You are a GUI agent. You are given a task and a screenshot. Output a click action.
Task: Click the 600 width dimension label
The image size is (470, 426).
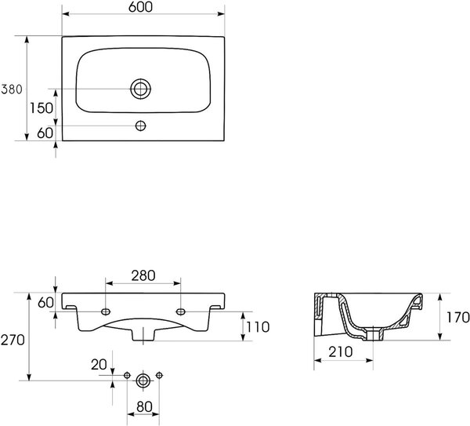(x=140, y=7)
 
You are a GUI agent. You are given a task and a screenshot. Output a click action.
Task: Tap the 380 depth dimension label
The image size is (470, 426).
(x=12, y=89)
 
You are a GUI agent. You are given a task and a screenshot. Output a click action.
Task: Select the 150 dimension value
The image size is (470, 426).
(x=42, y=108)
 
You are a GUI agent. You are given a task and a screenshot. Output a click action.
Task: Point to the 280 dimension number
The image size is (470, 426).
(x=143, y=275)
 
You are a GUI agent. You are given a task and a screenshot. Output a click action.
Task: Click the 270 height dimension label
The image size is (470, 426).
(x=13, y=340)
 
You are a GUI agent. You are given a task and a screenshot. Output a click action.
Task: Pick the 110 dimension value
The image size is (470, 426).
(x=258, y=327)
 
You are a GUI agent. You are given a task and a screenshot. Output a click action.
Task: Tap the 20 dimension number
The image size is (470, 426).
(x=99, y=365)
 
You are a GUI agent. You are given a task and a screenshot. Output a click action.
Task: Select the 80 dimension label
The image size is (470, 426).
(x=144, y=407)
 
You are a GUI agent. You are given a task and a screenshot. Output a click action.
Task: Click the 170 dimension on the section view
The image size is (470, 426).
(x=458, y=317)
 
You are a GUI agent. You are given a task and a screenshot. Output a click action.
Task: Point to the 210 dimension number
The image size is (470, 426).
(x=341, y=351)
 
